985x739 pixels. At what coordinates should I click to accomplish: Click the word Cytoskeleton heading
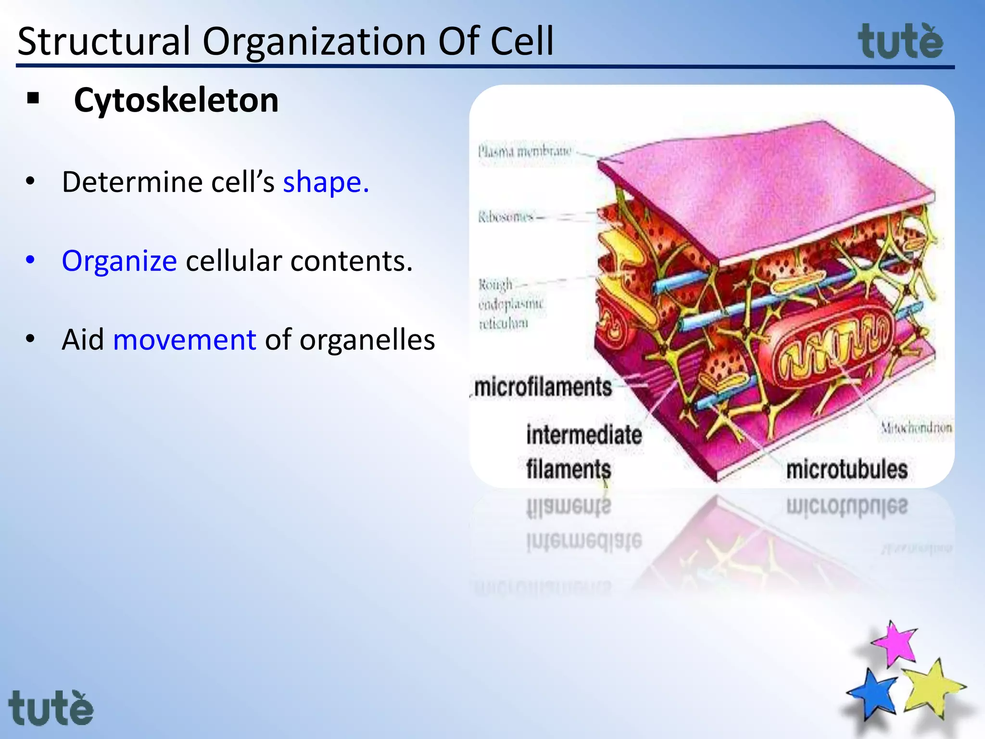pyautogui.click(x=176, y=101)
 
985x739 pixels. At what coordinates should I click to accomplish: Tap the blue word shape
pyautogui.click(x=326, y=182)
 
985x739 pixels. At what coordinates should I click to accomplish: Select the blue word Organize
pyautogui.click(x=119, y=261)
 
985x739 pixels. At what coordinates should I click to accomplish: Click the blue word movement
pyautogui.click(x=184, y=340)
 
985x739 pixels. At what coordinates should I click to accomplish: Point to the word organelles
pyautogui.click(x=367, y=340)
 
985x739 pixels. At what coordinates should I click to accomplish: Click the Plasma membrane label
pyautogui.click(x=524, y=152)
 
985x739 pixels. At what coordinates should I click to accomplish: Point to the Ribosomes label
pyautogui.click(x=506, y=217)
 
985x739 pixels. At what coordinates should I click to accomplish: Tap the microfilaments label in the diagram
pyautogui.click(x=543, y=387)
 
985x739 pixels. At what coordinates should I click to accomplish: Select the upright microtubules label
pyautogui.click(x=846, y=469)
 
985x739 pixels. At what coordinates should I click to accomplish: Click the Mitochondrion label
pyautogui.click(x=916, y=427)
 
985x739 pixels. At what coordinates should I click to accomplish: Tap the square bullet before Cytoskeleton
pyautogui.click(x=33, y=99)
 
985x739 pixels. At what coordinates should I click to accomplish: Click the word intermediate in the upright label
pyautogui.click(x=584, y=435)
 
